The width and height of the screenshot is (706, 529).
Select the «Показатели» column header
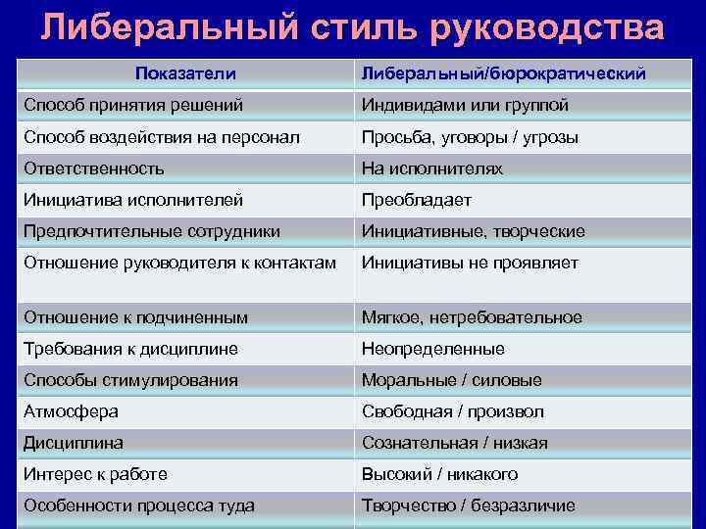(185, 74)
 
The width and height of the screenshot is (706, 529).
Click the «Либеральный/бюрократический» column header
(503, 74)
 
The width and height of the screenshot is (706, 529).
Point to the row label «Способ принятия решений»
(133, 105)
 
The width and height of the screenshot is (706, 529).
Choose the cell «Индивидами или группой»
(465, 105)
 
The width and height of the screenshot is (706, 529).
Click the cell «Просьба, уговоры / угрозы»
(470, 137)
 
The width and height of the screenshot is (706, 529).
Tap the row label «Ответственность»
(94, 168)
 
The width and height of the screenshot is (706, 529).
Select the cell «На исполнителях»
(432, 168)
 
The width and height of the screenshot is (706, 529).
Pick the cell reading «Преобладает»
(417, 200)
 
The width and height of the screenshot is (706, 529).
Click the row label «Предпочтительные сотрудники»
(152, 231)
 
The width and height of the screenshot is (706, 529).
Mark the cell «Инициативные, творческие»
(473, 231)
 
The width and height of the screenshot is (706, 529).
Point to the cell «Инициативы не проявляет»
(470, 263)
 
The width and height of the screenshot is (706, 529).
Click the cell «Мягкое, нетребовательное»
(472, 317)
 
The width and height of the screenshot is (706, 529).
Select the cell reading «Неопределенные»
(433, 349)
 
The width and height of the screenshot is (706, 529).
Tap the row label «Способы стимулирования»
(130, 380)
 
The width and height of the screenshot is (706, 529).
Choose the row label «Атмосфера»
(71, 411)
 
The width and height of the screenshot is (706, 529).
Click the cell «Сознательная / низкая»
(455, 443)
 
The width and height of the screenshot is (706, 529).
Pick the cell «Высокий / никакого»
(439, 474)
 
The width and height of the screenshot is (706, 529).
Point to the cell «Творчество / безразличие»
(469, 505)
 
